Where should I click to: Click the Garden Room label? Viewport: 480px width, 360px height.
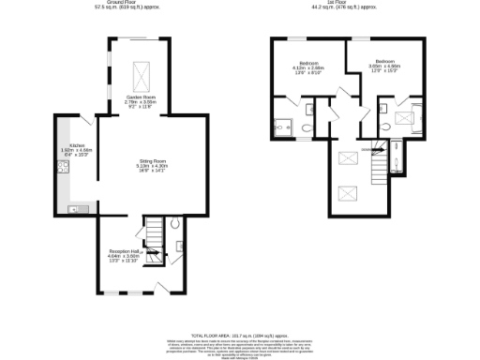(x=140, y=102)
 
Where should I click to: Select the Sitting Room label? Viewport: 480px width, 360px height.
(x=140, y=167)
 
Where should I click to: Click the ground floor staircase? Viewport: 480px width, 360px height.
(x=153, y=232)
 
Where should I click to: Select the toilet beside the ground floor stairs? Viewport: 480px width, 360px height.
(x=175, y=224)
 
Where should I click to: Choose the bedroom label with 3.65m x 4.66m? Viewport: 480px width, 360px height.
(x=384, y=69)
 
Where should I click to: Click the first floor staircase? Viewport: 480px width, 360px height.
(x=379, y=163)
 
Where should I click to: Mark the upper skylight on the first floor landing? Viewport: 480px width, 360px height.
(x=349, y=159)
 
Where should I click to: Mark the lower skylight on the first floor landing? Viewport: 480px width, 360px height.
(x=349, y=194)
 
